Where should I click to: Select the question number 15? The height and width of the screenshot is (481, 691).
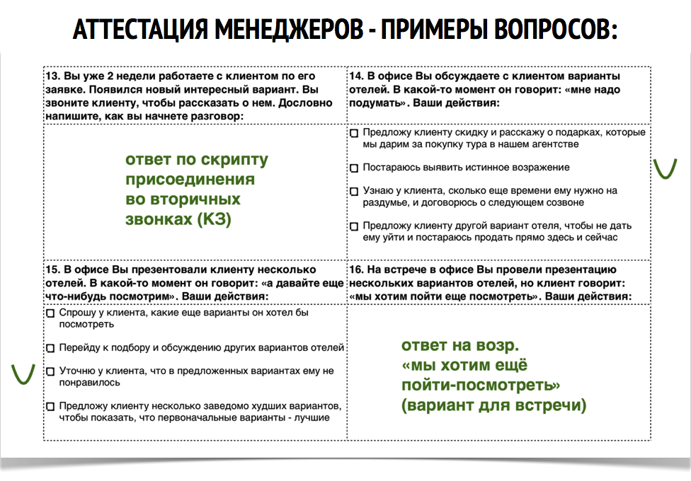pyautogui.click(x=52, y=270)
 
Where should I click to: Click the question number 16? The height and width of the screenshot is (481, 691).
pyautogui.click(x=355, y=270)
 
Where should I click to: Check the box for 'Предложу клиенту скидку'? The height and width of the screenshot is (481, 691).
pyautogui.click(x=354, y=133)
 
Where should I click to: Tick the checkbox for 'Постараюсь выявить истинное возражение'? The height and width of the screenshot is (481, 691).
pyautogui.click(x=354, y=168)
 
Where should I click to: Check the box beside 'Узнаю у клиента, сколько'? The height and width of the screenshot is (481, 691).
pyautogui.click(x=354, y=192)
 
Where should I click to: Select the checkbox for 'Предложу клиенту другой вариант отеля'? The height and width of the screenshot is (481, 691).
pyautogui.click(x=354, y=226)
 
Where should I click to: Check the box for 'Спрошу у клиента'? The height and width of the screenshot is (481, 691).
pyautogui.click(x=50, y=313)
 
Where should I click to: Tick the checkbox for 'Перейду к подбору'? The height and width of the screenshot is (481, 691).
pyautogui.click(x=50, y=348)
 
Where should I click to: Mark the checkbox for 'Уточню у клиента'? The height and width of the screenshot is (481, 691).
pyautogui.click(x=50, y=371)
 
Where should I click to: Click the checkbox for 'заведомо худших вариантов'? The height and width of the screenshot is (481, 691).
pyautogui.click(x=50, y=407)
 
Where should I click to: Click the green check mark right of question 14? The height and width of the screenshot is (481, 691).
pyautogui.click(x=664, y=168)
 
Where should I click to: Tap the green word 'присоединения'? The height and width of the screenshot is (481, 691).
pyautogui.click(x=190, y=180)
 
